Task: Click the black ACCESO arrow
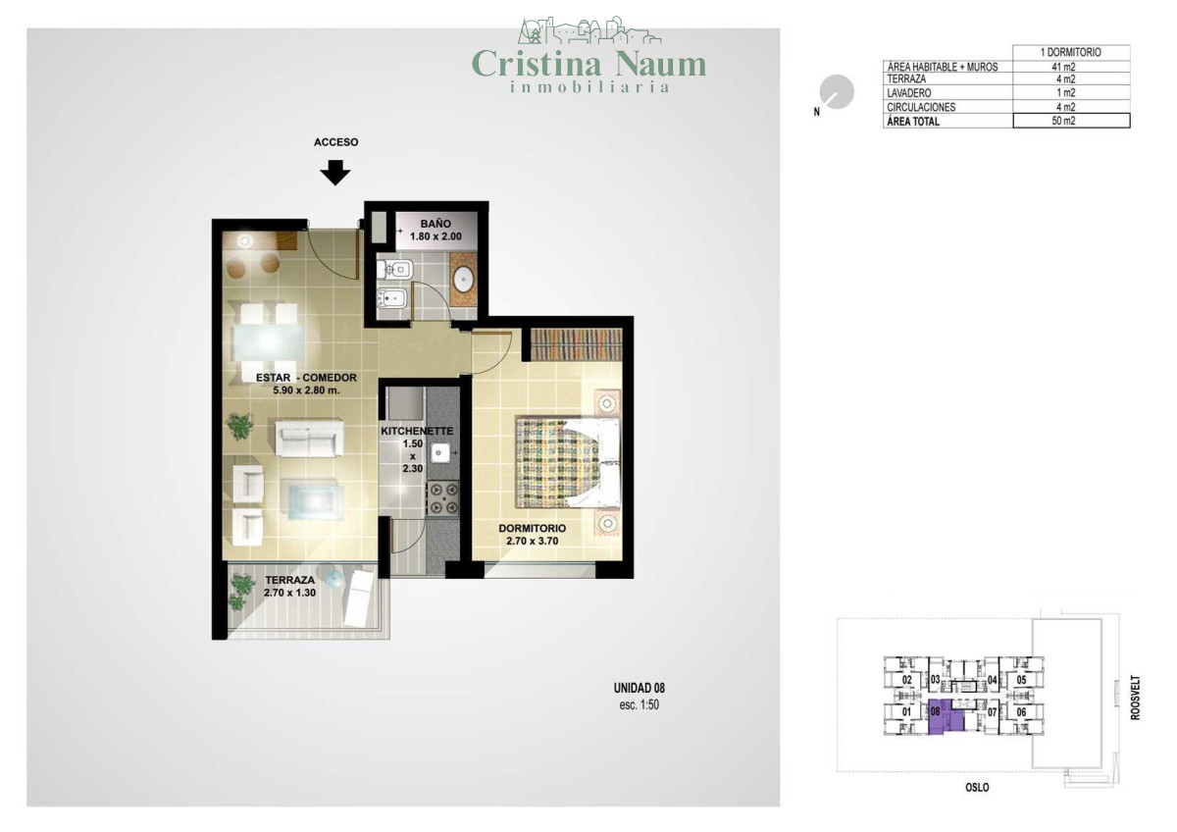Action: coord(335,173)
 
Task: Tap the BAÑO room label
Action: coord(435,224)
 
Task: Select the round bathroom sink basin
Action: coord(463,279)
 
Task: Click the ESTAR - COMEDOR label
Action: coord(306,378)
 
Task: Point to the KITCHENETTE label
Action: coord(417,432)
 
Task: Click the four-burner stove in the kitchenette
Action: coord(442,497)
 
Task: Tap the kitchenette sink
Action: coord(438,452)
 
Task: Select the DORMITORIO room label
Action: coord(533,528)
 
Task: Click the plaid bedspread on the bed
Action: coord(556,462)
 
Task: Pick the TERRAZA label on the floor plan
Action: coord(290,580)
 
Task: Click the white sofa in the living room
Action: coord(310,438)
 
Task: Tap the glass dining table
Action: coord(268,342)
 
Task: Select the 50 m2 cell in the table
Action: coord(1071,121)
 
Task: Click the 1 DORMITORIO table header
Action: coord(1071,52)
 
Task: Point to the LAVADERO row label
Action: coord(909,93)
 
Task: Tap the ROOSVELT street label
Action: coord(1136,698)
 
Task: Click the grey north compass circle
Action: coord(837,92)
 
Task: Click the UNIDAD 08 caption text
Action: coord(639,688)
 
